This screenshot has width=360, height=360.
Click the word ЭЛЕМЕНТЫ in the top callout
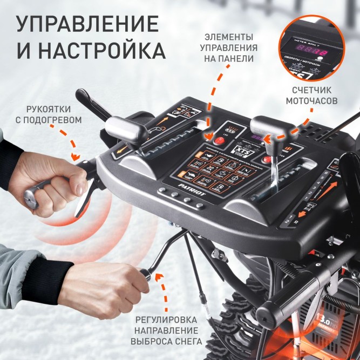[x=229, y=37]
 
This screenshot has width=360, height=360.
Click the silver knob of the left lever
[x=123, y=128]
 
